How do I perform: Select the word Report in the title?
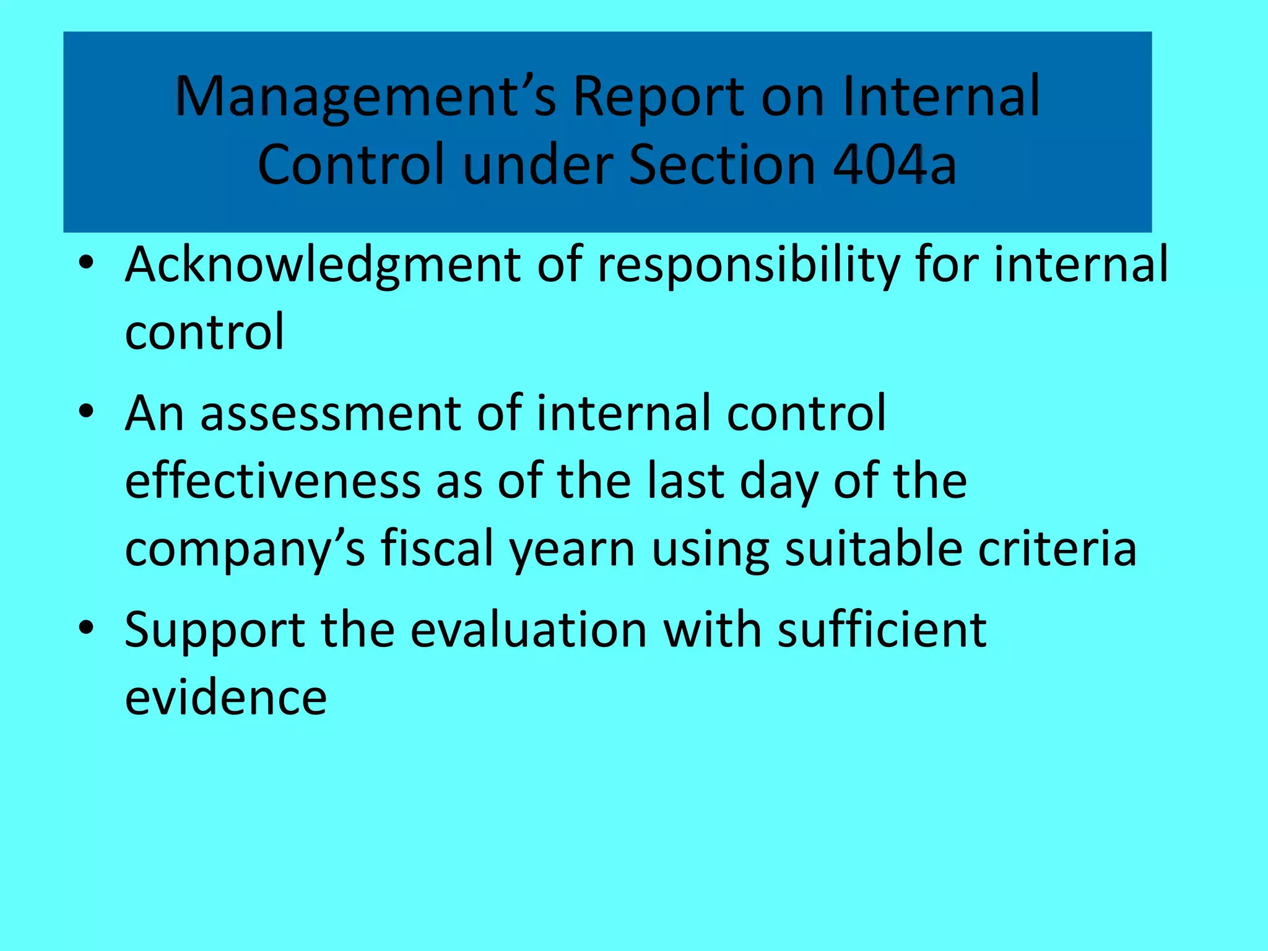(x=658, y=97)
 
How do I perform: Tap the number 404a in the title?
(x=895, y=165)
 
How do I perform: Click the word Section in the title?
(x=722, y=165)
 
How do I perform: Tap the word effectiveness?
(x=272, y=482)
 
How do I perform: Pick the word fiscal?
(x=437, y=549)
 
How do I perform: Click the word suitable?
(x=874, y=549)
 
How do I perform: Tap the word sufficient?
(x=882, y=630)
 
